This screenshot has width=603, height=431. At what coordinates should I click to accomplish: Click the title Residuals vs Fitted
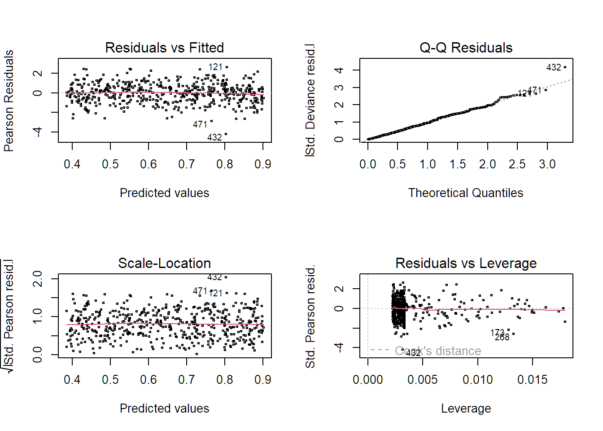pos(164,48)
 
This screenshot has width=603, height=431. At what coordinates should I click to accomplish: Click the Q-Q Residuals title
pos(466,48)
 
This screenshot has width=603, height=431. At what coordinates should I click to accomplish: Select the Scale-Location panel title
pos(164,263)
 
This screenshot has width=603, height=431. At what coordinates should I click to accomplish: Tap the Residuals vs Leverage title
pos(466,263)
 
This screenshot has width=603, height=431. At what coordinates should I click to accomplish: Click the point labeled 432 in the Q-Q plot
pos(565,67)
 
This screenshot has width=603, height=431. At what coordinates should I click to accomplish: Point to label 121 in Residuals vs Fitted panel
pos(215,67)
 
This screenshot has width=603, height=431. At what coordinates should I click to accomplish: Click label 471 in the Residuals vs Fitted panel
pos(200,124)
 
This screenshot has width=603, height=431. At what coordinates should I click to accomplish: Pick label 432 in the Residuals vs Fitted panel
pos(214,137)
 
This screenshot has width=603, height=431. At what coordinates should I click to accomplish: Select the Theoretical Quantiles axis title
pos(466,193)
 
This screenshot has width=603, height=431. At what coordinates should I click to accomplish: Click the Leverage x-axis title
pos(466,409)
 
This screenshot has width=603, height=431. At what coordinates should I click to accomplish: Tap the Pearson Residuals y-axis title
pos(9,101)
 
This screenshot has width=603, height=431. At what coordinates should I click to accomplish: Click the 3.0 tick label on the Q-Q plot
pos(547,164)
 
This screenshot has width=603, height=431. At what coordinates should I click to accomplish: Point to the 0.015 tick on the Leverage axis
pos(532,380)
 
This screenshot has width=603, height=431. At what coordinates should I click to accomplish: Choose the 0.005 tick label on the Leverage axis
pos(422,380)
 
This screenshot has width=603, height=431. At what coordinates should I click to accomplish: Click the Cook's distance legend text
pos(438,351)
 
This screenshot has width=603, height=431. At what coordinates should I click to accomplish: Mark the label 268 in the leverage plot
pos(502,337)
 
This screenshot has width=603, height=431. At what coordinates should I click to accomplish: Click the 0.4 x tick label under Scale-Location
pos(72,380)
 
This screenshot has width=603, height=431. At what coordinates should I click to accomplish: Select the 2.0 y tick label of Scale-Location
pos(38,278)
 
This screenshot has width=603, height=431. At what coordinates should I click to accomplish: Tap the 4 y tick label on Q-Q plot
pos(340,70)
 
